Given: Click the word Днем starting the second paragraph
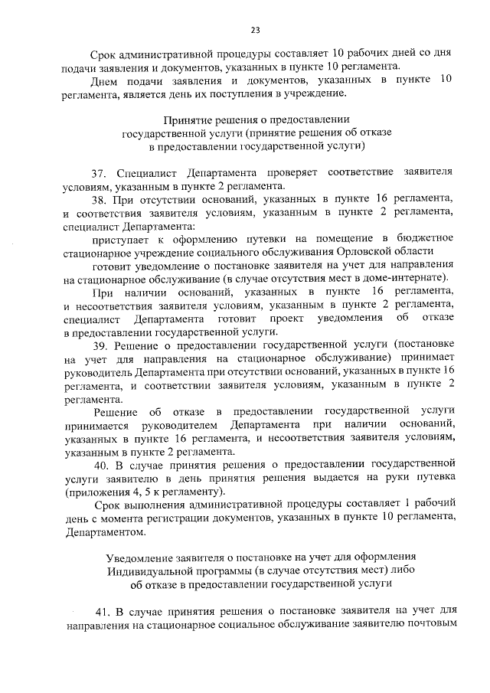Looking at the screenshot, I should (103, 80).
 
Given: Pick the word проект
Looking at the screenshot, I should (284, 318).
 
